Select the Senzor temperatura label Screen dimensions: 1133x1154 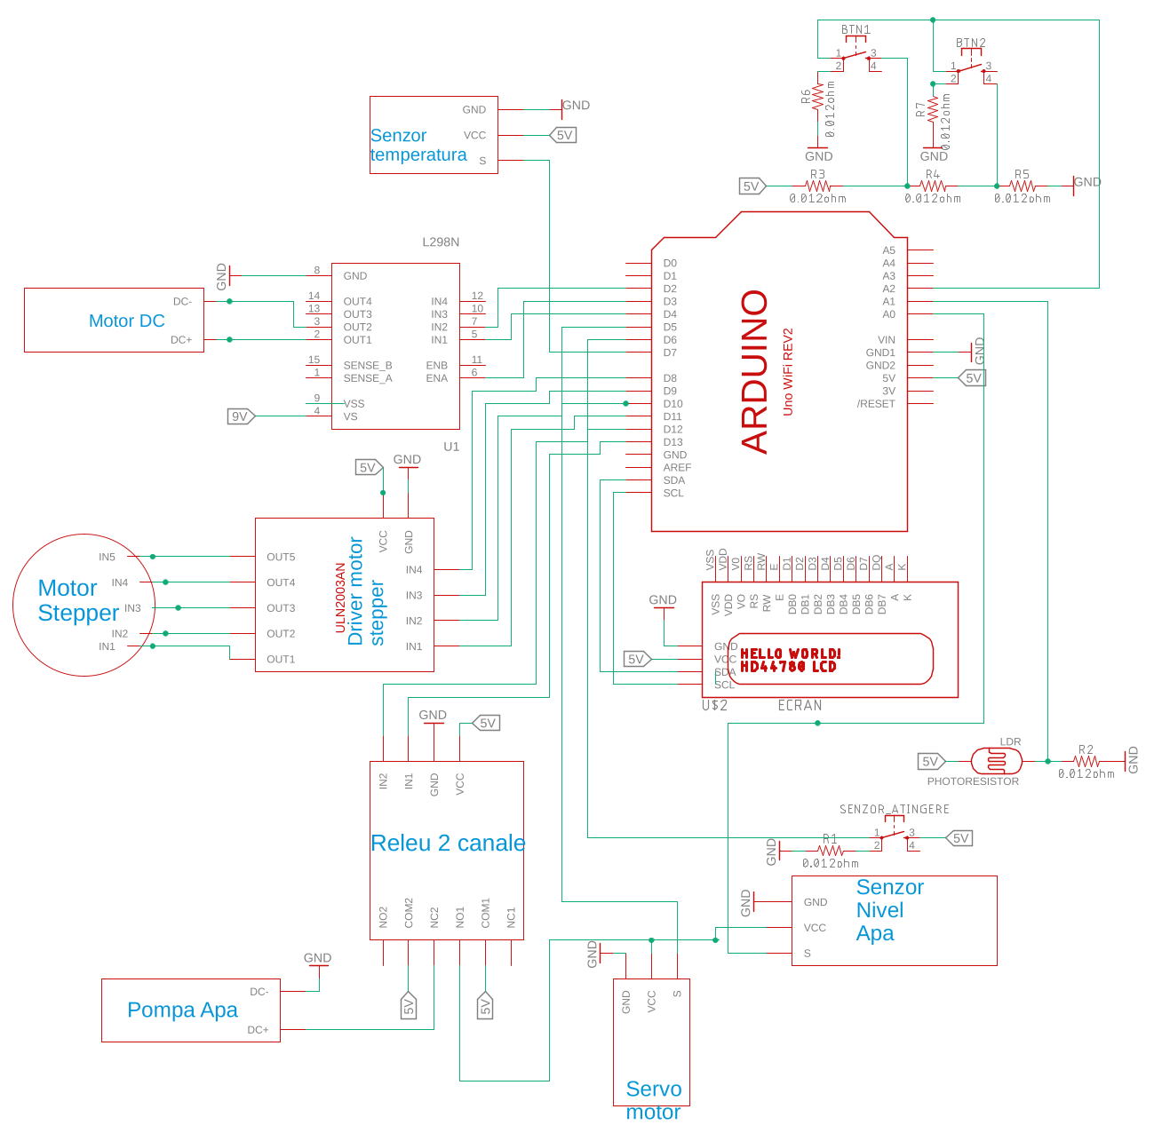pos(418,145)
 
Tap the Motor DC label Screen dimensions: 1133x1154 pos(126,321)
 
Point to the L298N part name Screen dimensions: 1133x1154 pos(441,242)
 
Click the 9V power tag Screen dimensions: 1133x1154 pos(240,416)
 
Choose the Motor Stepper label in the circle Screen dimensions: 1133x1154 pos(78,600)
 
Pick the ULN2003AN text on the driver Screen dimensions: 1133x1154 pos(340,597)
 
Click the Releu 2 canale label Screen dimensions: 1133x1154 pos(448,843)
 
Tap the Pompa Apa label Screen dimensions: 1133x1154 pos(182,1010)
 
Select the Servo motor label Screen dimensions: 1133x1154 pos(654,1100)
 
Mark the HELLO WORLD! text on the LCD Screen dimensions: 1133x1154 pos(790,654)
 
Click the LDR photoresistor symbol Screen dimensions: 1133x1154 pos(996,761)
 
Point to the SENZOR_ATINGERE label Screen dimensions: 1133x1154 pos(895,809)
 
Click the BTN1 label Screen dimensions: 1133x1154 pos(856,30)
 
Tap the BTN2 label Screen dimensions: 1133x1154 pos(970,43)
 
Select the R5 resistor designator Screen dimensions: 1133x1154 pos(1022,175)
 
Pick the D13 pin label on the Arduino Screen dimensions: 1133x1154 pos(673,442)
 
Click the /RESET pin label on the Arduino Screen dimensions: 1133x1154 pos(876,404)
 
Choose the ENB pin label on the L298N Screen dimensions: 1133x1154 pos(436,366)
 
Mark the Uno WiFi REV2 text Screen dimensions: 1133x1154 pos(787,371)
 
